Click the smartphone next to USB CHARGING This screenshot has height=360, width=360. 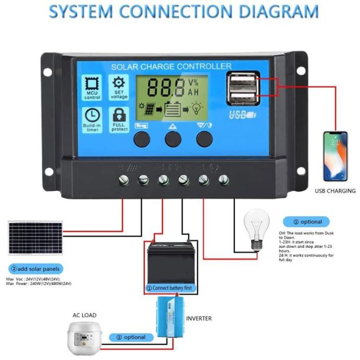335,155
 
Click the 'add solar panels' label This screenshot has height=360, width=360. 35,269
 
